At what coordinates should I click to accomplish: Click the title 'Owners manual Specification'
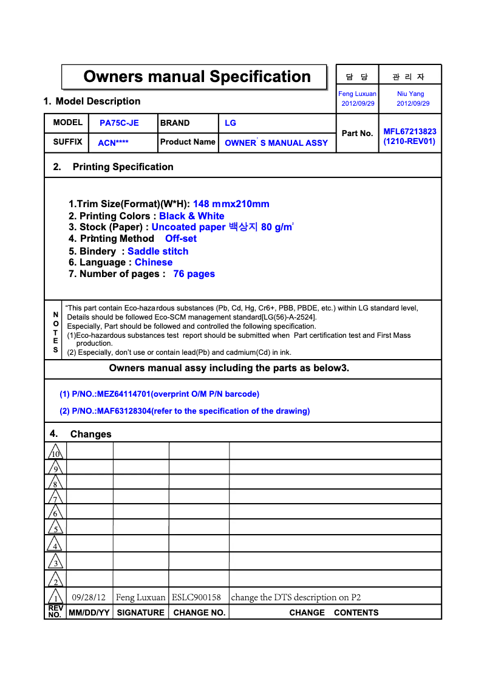tap(197, 77)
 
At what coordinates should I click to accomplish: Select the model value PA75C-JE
tap(119, 123)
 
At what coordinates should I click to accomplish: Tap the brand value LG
tap(230, 123)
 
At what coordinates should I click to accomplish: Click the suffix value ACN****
tap(113, 143)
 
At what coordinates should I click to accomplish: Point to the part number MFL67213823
tap(409, 132)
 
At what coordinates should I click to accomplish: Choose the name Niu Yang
tap(410, 94)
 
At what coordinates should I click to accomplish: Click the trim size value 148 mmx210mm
tap(231, 204)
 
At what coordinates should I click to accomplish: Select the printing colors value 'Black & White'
tap(191, 216)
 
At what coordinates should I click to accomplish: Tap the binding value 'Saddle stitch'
tap(158, 252)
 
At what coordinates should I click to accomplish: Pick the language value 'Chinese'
tap(154, 262)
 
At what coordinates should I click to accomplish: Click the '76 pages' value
tap(194, 274)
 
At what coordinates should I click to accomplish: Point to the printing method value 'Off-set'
tap(181, 239)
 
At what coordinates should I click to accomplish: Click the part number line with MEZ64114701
tap(159, 394)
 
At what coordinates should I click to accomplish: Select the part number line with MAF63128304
tap(185, 411)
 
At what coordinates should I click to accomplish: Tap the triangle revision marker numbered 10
tap(55, 453)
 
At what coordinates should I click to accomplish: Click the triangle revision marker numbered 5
tap(55, 528)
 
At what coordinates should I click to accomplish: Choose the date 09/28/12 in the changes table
tap(89, 597)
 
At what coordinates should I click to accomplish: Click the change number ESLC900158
tap(196, 597)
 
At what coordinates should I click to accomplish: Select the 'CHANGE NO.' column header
tap(199, 612)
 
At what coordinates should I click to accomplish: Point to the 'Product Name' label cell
tap(188, 142)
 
